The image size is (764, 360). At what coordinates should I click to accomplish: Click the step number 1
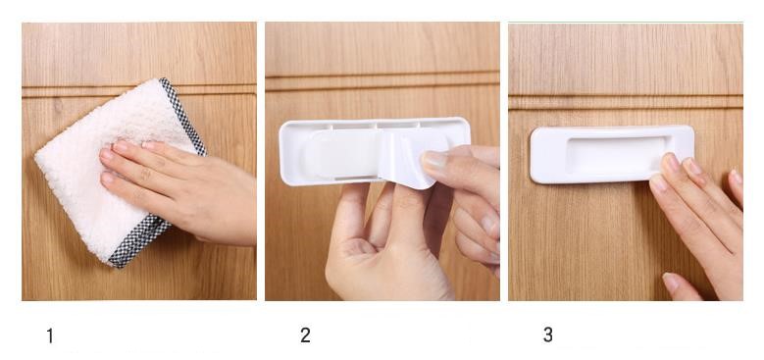(x=50, y=336)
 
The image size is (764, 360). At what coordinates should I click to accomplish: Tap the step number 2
(x=305, y=335)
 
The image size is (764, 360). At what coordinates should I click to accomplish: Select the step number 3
(x=548, y=334)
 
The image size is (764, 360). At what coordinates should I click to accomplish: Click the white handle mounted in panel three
(x=612, y=154)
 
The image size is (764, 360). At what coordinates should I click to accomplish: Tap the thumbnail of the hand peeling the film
(x=433, y=160)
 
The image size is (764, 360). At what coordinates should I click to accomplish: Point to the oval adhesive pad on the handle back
(x=341, y=153)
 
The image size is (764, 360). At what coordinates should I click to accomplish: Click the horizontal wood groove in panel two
(x=382, y=81)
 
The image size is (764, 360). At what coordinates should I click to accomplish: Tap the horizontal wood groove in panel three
(x=626, y=101)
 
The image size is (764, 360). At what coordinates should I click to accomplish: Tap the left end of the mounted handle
(x=534, y=155)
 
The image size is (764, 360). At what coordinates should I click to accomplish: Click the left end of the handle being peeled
(x=282, y=153)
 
